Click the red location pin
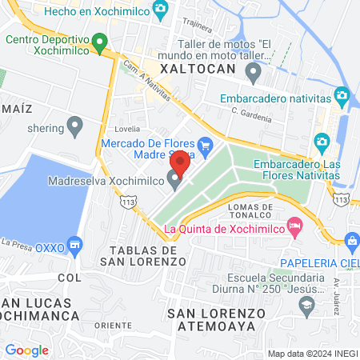tap(179, 163)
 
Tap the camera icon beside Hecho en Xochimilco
tap(162, 8)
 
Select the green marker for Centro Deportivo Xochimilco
tap(99, 41)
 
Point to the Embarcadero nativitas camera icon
tap(342, 97)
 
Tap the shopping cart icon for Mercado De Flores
tap(206, 145)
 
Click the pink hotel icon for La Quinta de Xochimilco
tap(294, 227)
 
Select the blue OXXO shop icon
tap(75, 243)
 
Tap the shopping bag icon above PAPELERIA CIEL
tap(351, 240)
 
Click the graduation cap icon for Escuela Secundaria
tap(306, 305)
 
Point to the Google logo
tap(26, 350)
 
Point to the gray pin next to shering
tap(75, 125)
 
